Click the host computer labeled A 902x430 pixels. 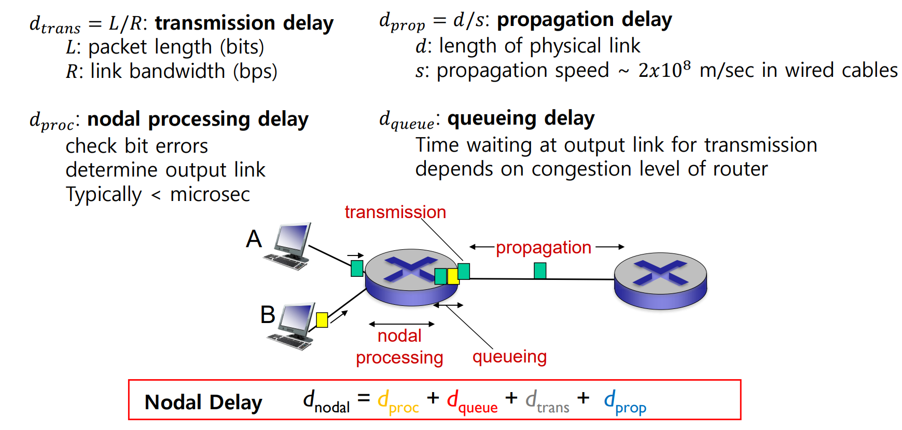tap(289, 246)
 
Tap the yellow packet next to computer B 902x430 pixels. tap(322, 319)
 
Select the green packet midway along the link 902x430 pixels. tap(540, 271)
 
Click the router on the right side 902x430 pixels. tap(660, 280)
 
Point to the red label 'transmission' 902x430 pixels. tap(395, 212)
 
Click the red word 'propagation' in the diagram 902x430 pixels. tap(543, 248)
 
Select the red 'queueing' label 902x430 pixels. tap(509, 357)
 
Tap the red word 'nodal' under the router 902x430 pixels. tap(399, 336)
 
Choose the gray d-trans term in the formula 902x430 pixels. tap(547, 402)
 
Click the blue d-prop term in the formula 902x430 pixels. tap(625, 402)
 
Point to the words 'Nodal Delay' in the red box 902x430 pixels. tap(203, 402)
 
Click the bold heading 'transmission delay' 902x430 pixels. tap(244, 23)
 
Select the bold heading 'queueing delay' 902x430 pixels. tap(521, 118)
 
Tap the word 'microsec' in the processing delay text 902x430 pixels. tap(210, 194)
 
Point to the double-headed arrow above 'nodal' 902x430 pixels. tap(401, 324)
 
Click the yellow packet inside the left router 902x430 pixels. tap(452, 276)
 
